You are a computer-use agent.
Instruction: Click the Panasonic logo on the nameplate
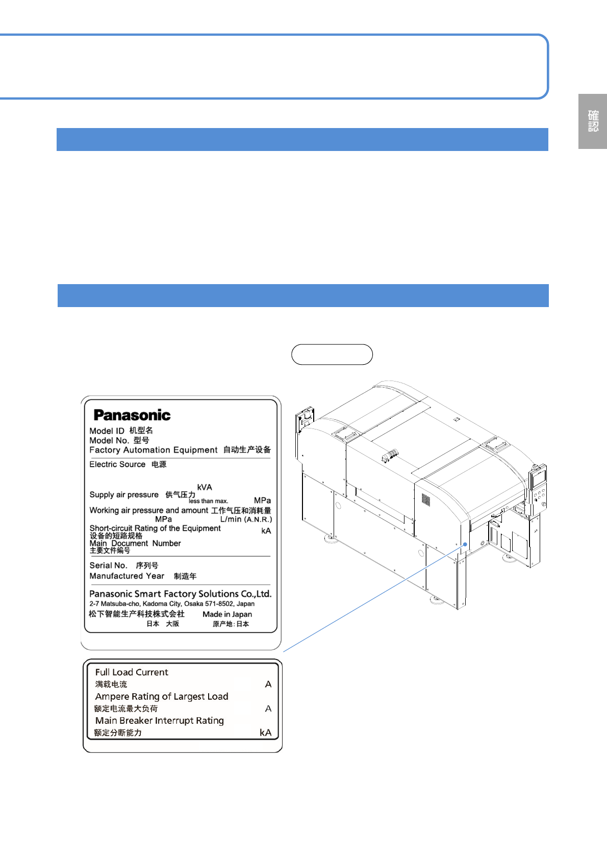click(132, 415)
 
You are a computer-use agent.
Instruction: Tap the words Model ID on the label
click(107, 431)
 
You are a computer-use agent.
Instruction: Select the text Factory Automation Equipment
click(154, 450)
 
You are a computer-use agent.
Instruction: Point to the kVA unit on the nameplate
click(205, 487)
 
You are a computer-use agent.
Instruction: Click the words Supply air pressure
click(124, 495)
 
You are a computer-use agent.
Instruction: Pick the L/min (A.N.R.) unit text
click(246, 519)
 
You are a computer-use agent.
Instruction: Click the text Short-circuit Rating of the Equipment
click(155, 528)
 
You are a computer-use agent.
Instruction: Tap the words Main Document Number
click(135, 543)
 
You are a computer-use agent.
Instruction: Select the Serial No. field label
click(108, 565)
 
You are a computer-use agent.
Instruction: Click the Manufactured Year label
click(127, 576)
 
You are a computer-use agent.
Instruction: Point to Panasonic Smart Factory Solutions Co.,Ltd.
click(180, 594)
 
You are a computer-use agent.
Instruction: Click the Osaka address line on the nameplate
click(172, 604)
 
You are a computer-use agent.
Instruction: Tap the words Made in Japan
click(227, 614)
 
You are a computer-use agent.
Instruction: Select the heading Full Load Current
click(132, 672)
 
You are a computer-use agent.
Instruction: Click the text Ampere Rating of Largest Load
click(162, 696)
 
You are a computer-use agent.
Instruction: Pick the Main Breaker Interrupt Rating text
click(160, 720)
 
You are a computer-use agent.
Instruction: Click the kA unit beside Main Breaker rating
click(265, 732)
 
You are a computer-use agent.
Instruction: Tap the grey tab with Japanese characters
click(593, 121)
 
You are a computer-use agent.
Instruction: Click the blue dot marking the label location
click(465, 544)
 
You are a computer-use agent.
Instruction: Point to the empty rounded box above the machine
click(332, 355)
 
